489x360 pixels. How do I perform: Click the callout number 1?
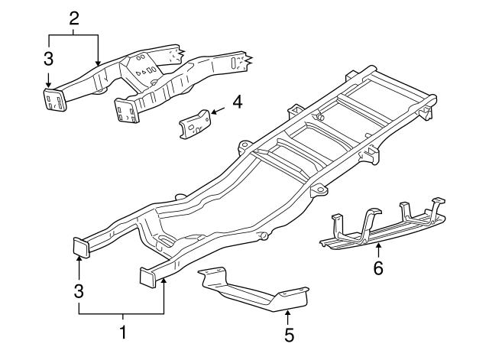pyautogui.click(x=122, y=333)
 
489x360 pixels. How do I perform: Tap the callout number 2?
pyautogui.click(x=73, y=18)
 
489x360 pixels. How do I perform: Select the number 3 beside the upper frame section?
pyautogui.click(x=47, y=58)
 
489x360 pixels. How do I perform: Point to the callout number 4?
pyautogui.click(x=237, y=101)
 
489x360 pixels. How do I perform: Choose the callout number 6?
pyautogui.click(x=378, y=268)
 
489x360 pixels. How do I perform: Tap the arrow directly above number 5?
pyautogui.click(x=288, y=312)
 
